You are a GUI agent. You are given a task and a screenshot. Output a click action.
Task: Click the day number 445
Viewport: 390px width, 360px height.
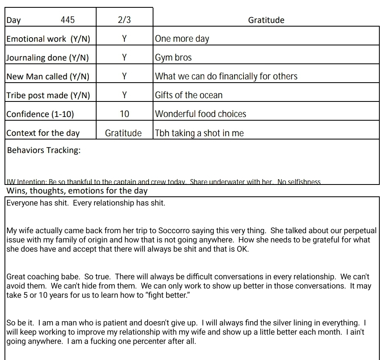(68, 20)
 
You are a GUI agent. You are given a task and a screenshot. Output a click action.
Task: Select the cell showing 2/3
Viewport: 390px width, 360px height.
(124, 20)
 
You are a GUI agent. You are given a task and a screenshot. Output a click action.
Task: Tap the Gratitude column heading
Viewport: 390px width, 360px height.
(266, 20)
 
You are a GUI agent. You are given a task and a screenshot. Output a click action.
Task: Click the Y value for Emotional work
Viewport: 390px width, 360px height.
(124, 39)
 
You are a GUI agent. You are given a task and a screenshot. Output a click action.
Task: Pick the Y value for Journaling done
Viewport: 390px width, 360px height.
(124, 58)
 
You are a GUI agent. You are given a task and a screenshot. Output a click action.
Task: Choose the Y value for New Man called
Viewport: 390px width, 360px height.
(124, 76)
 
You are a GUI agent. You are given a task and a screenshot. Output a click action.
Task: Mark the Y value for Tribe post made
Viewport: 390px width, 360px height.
(124, 95)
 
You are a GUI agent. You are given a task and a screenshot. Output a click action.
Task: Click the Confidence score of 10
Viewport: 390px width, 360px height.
(124, 114)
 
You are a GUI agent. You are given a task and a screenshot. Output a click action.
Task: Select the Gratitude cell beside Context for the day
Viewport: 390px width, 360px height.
(123, 133)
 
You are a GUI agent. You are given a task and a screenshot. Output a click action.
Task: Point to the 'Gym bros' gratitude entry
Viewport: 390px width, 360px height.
(174, 58)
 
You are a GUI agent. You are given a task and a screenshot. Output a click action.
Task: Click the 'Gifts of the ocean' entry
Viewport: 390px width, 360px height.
(189, 95)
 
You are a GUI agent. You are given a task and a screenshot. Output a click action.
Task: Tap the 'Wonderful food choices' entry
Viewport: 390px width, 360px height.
(201, 114)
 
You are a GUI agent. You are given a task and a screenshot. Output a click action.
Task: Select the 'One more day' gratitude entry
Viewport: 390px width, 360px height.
(182, 39)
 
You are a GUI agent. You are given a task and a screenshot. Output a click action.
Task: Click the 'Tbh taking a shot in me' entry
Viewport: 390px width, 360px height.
(199, 133)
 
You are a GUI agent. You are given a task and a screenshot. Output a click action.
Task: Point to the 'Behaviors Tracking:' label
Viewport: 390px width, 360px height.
(44, 150)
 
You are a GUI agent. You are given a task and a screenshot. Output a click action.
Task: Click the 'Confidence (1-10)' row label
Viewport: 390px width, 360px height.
(40, 114)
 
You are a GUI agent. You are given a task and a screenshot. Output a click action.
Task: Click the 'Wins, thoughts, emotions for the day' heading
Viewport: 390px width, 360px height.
(77, 191)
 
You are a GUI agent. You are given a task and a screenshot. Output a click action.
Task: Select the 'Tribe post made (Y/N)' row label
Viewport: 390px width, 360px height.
(48, 95)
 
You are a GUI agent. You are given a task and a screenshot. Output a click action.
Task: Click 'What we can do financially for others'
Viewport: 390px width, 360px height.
(226, 76)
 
